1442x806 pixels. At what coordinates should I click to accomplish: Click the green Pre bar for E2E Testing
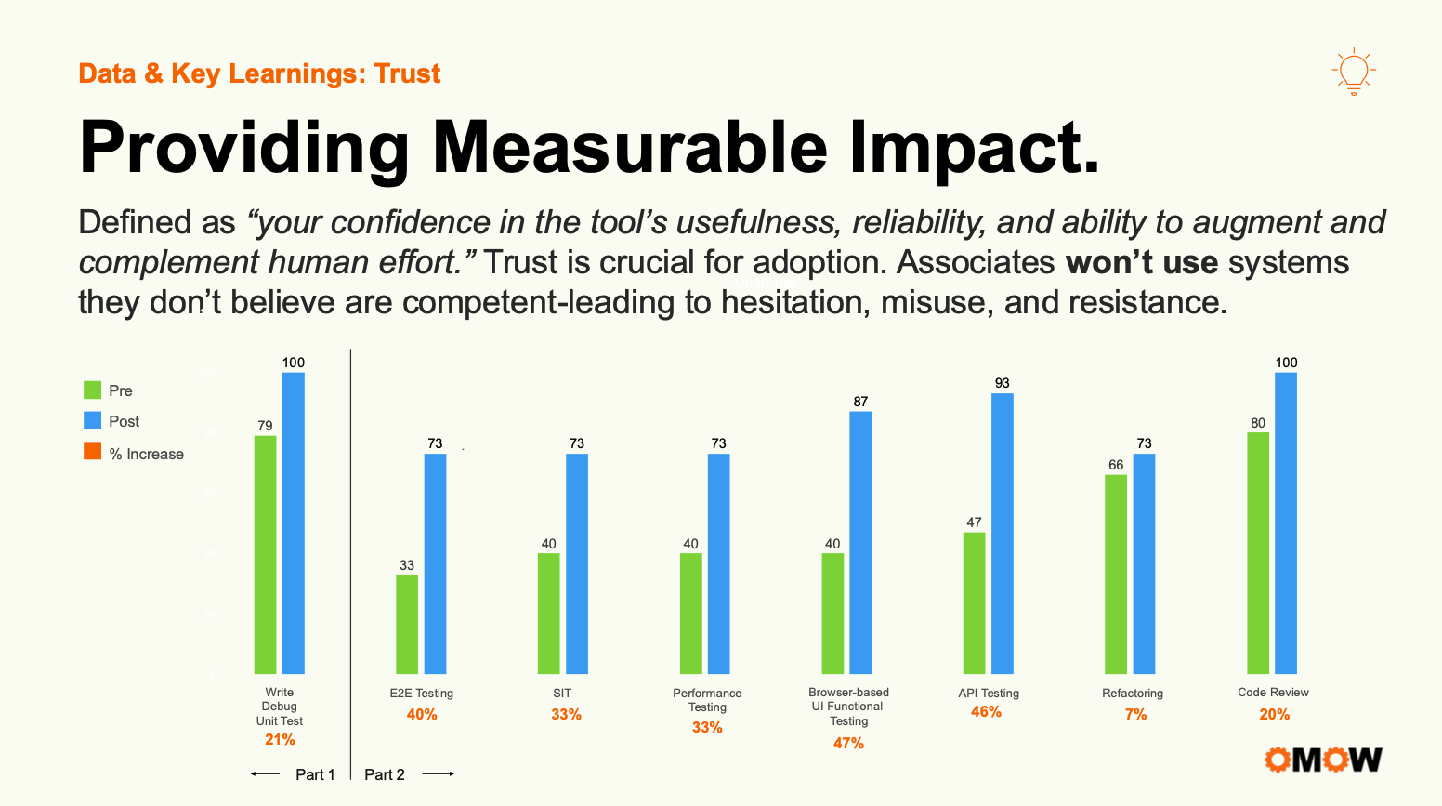click(x=407, y=624)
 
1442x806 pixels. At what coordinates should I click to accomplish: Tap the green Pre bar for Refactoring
click(x=1116, y=574)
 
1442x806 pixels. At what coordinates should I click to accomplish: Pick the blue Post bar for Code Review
click(x=1286, y=522)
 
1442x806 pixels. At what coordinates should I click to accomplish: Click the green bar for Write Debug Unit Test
click(x=266, y=554)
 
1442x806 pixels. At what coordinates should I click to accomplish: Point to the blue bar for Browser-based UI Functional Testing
click(x=860, y=542)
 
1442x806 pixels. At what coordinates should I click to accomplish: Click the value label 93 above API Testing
click(x=1002, y=383)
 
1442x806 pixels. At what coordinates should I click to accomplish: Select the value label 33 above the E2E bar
click(x=407, y=565)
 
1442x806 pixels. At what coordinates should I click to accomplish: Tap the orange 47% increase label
click(x=848, y=743)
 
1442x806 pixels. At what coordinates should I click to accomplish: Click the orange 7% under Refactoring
click(x=1135, y=714)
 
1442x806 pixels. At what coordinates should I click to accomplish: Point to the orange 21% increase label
click(x=280, y=739)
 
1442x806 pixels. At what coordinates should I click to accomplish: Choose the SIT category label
click(x=562, y=693)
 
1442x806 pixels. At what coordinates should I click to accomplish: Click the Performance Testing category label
click(x=707, y=700)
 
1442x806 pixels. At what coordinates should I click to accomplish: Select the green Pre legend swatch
click(x=92, y=390)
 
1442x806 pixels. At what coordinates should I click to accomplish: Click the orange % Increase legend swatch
click(x=92, y=452)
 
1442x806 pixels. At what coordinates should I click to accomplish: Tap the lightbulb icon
click(x=1354, y=72)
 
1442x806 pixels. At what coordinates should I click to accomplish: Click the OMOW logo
click(x=1322, y=760)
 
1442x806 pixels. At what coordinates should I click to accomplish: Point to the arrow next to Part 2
click(x=439, y=774)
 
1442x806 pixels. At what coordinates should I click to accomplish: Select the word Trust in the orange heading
click(x=407, y=73)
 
